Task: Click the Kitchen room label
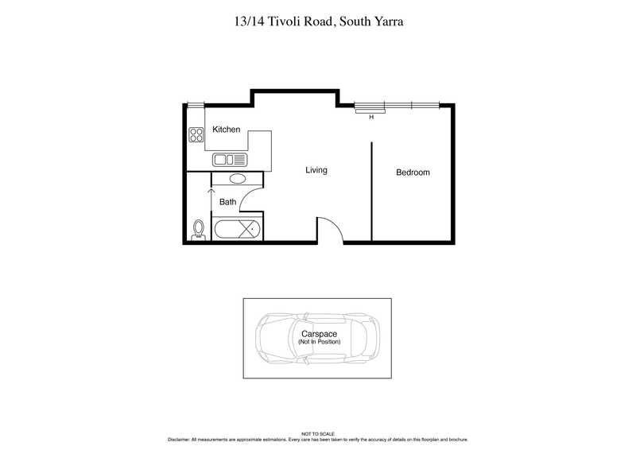[226, 130]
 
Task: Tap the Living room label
[316, 170]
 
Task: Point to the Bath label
[227, 202]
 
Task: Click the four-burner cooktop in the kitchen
[196, 135]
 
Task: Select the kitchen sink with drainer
[231, 160]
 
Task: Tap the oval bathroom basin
[237, 179]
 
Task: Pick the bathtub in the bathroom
[236, 230]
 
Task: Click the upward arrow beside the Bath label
[211, 196]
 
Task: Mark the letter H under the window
[370, 118]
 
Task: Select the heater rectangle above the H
[370, 111]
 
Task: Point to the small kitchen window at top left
[194, 104]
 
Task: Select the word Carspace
[319, 334]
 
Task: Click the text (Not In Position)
[319, 342]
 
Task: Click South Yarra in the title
[375, 21]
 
